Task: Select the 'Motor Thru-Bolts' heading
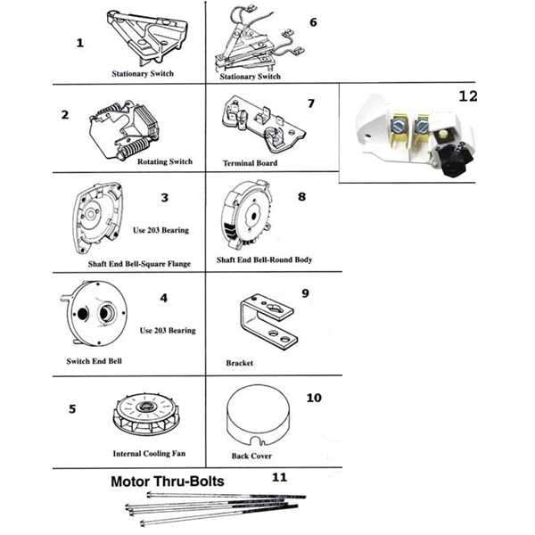click(167, 481)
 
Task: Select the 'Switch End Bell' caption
click(95, 361)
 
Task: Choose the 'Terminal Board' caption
click(250, 164)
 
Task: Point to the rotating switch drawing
click(123, 135)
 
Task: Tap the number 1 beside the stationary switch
click(80, 43)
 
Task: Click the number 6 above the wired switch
click(312, 21)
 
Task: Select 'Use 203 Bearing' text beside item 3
click(160, 229)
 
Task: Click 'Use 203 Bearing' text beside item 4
click(168, 331)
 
